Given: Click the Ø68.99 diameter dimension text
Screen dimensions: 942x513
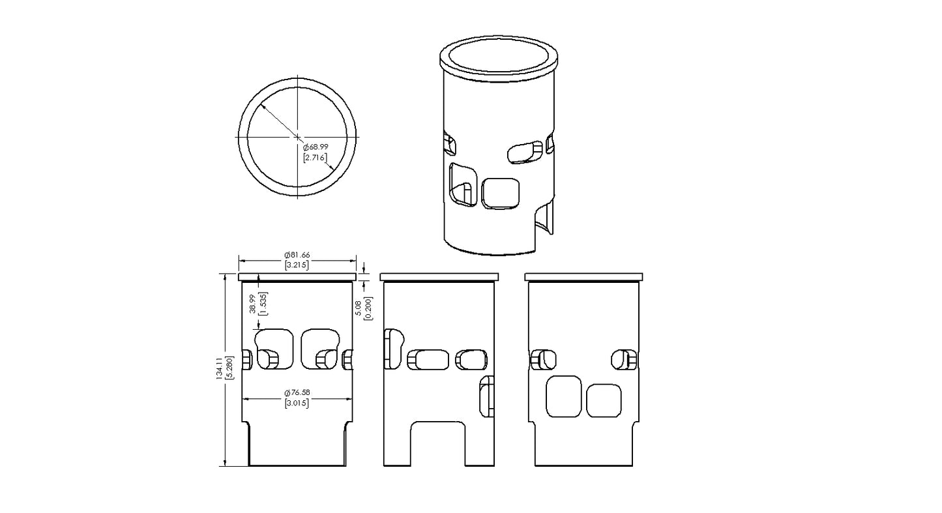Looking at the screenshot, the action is (316, 147).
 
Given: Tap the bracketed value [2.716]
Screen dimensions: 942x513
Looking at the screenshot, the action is (315, 158).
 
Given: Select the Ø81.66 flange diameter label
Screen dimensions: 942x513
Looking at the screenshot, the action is (297, 255).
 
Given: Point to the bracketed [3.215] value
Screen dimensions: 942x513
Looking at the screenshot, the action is (297, 265).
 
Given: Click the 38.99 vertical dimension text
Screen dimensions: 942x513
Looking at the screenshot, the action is (252, 304).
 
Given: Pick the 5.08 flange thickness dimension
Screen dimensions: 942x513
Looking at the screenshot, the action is (359, 308).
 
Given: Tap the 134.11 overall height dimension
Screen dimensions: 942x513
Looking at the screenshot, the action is (220, 369).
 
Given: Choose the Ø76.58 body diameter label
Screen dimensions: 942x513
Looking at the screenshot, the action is (297, 393).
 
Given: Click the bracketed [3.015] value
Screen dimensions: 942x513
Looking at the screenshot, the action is (297, 403).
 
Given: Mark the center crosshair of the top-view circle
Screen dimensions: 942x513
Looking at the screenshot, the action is (298, 137).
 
